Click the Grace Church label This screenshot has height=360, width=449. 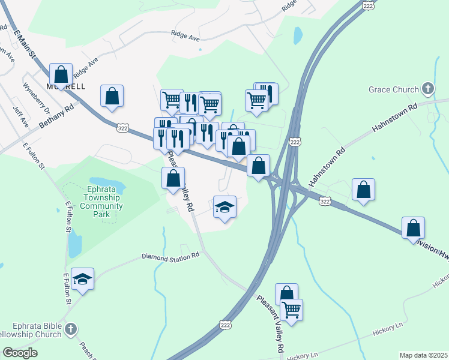[x=393, y=90]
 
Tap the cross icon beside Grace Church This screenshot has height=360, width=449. [x=427, y=90]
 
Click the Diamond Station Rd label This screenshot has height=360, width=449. [x=170, y=256]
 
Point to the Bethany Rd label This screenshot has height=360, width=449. [x=56, y=116]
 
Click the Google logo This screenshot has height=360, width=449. [x=20, y=353]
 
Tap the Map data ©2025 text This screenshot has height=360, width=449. [x=423, y=355]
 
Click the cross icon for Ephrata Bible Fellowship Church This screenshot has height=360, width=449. [x=71, y=329]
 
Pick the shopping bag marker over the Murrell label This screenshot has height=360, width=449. [x=61, y=76]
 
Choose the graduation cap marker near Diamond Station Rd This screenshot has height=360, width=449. [x=83, y=279]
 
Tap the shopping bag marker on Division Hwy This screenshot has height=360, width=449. [x=413, y=228]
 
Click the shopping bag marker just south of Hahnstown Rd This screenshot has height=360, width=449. [x=363, y=190]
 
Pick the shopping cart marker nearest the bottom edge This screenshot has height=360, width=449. [x=291, y=310]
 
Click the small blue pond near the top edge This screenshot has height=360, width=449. [x=298, y=35]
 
